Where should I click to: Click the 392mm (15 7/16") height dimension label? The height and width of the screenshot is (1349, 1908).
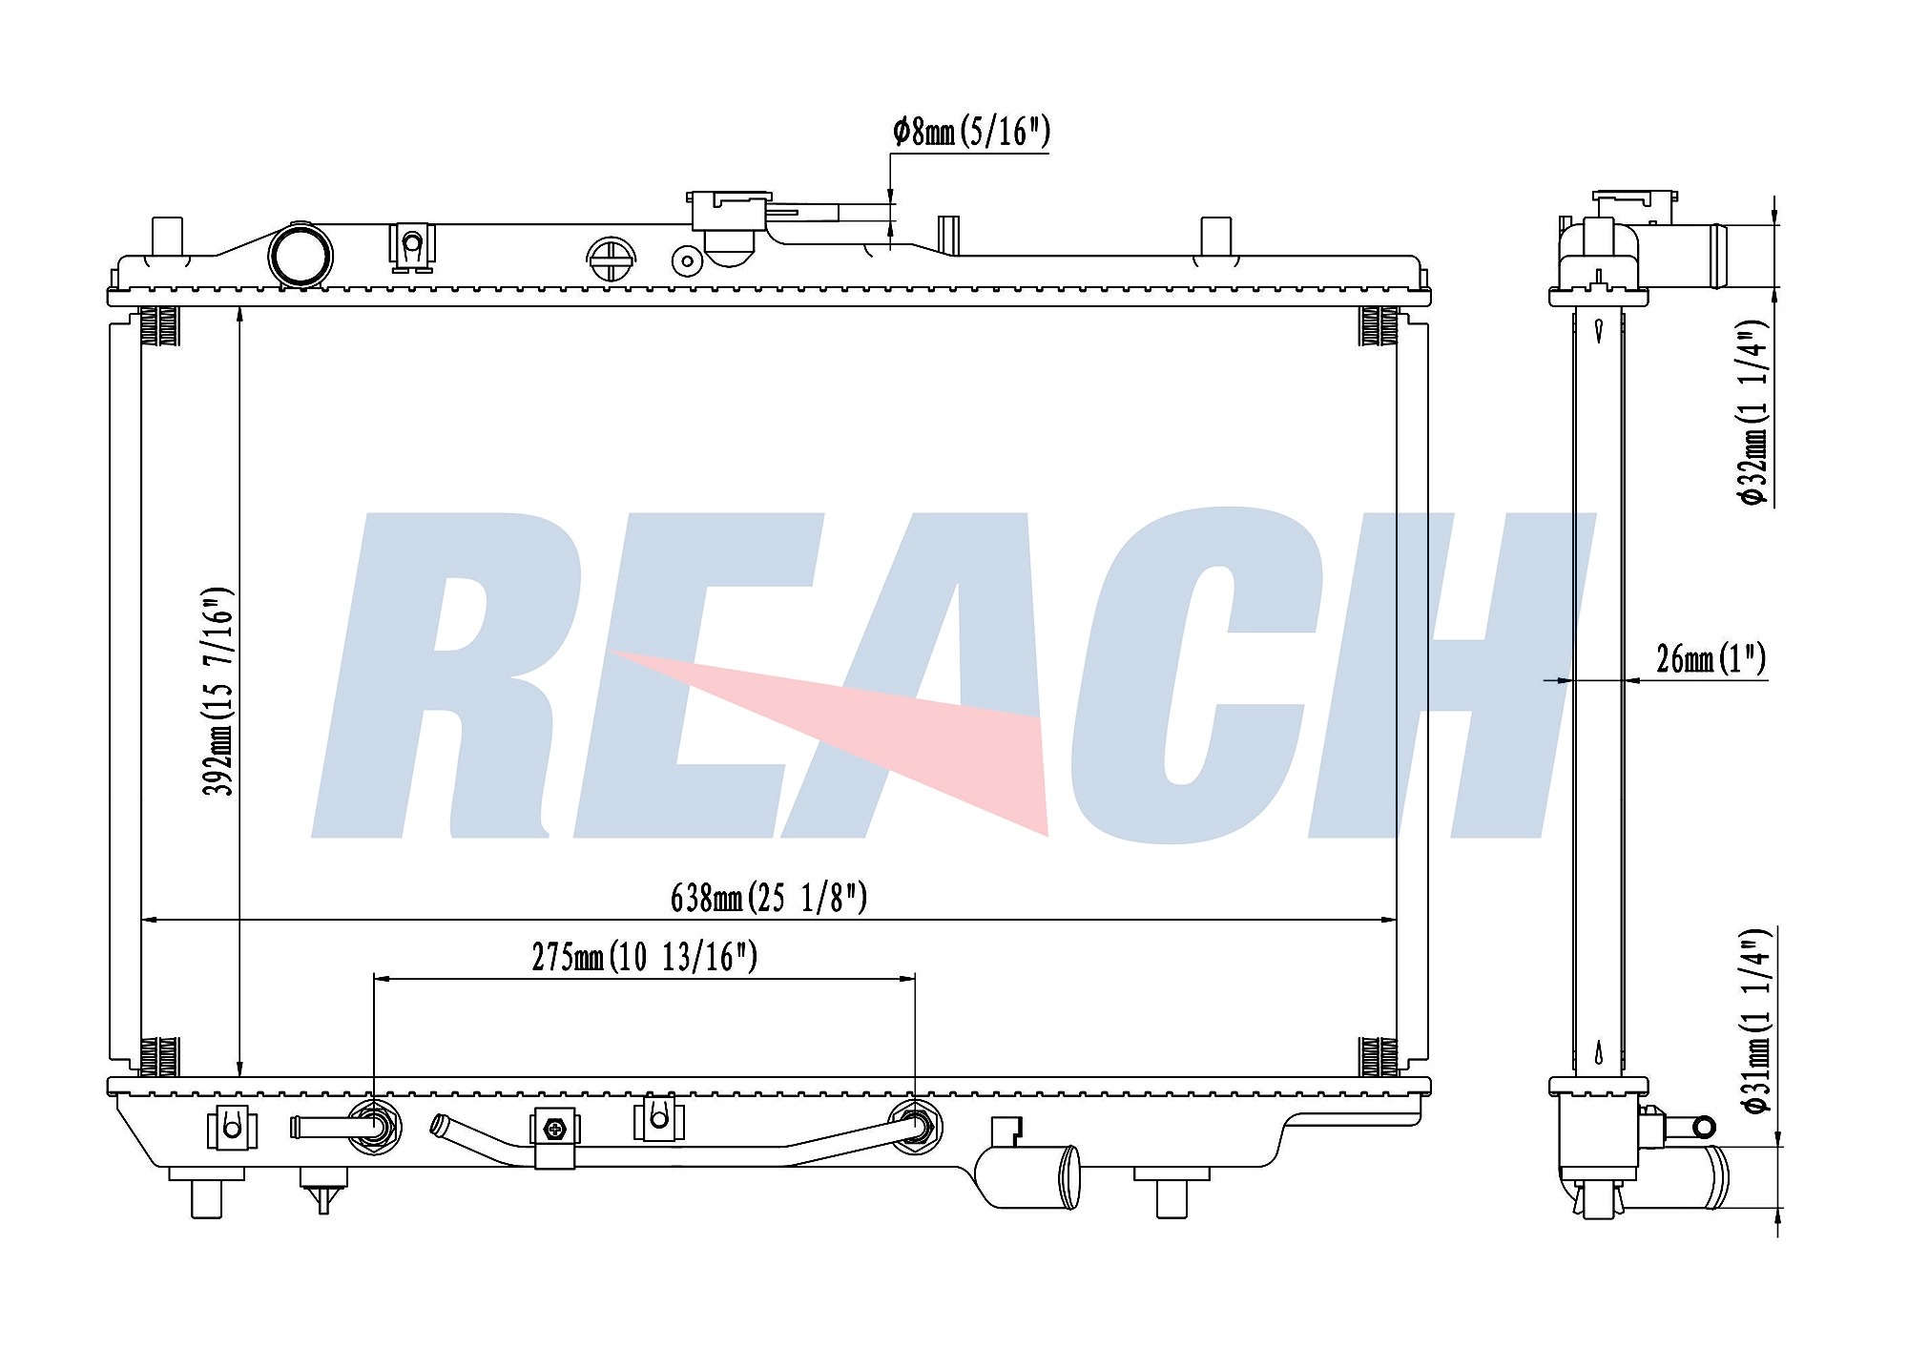point(218,692)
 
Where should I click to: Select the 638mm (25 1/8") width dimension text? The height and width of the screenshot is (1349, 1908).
point(769,897)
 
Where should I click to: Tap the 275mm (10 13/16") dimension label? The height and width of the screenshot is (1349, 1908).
point(645,956)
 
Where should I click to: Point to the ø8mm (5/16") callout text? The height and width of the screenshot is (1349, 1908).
point(971,131)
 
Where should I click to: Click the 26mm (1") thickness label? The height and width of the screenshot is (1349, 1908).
point(1711,658)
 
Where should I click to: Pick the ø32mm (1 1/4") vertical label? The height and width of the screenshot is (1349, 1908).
point(1753,412)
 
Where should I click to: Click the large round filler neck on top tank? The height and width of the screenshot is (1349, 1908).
point(301,255)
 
